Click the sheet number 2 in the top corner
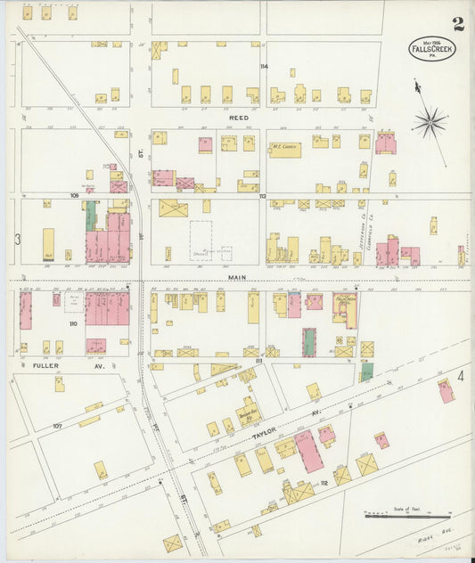point(457,23)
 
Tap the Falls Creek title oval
point(432,48)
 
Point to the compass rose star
point(429,121)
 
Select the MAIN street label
point(235,277)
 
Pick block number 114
point(263,67)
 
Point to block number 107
point(57,426)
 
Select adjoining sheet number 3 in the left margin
point(17,240)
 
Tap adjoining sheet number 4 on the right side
point(461,377)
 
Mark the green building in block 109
point(91,216)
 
